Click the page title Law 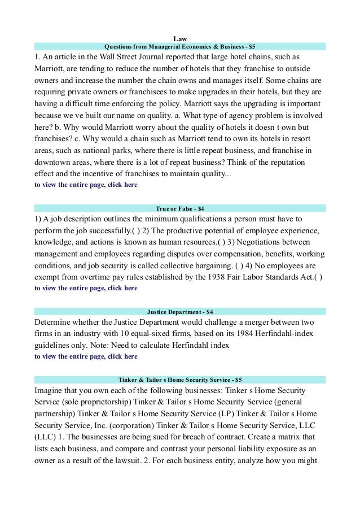click(180, 38)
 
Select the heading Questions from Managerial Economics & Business click(180, 46)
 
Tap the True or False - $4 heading click(180, 208)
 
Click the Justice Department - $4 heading click(180, 311)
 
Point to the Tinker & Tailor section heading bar click(180, 380)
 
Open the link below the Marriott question click(86, 185)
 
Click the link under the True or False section click(86, 288)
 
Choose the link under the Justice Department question click(86, 356)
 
